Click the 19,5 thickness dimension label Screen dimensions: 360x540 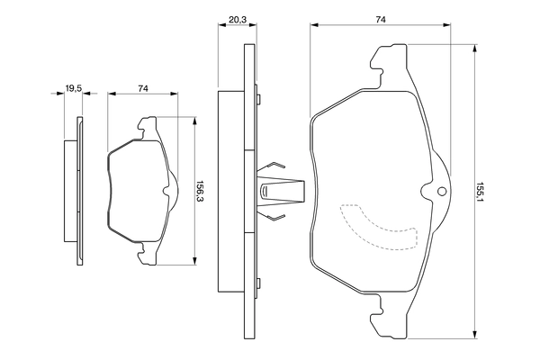pyautogui.click(x=74, y=87)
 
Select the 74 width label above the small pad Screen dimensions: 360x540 pyautogui.click(x=143, y=87)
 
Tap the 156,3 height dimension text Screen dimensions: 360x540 pyautogui.click(x=200, y=192)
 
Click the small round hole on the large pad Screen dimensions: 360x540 pyautogui.click(x=441, y=192)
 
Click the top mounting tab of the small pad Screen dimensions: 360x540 pyautogui.click(x=148, y=128)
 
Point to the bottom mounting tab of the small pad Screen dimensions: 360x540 pyautogui.click(x=148, y=256)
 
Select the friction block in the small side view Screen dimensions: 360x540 pyautogui.click(x=70, y=192)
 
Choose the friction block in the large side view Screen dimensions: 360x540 pyautogui.click(x=231, y=192)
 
